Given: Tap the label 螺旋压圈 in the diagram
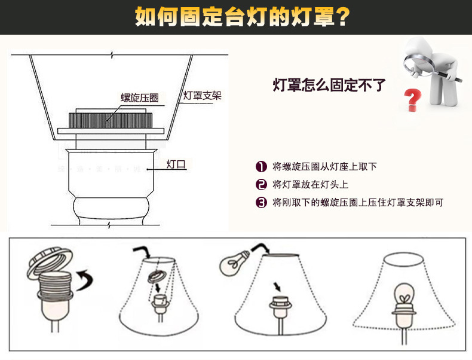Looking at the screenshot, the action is [140, 98].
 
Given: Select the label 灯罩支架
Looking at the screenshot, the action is [202, 95].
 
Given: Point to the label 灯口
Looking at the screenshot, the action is [176, 164].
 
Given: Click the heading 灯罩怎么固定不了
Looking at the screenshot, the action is [329, 85].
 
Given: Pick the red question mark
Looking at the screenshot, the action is [412, 100].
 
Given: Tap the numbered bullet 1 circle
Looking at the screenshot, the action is [261, 167].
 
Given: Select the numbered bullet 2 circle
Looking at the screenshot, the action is [261, 184].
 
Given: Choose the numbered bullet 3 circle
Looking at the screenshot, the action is [261, 202].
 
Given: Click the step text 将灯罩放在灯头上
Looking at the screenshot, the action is [310, 184].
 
